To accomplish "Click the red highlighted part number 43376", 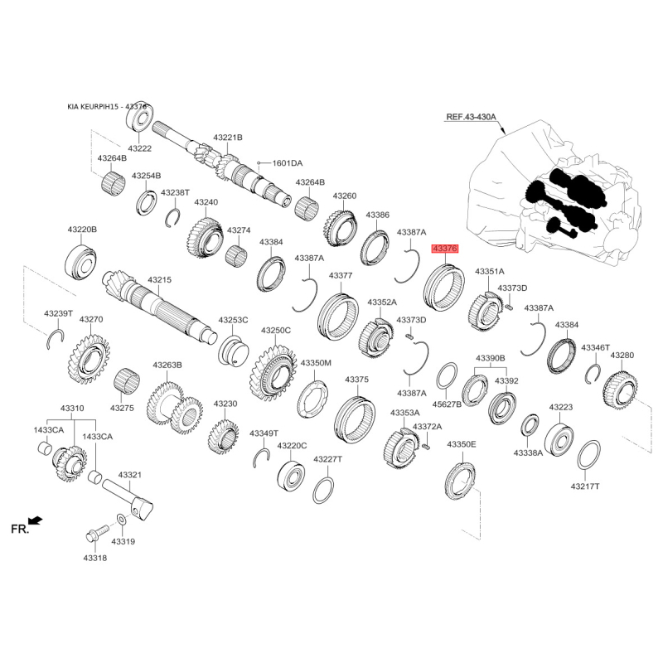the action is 444,249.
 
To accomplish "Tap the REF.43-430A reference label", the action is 472,116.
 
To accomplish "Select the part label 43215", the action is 159,280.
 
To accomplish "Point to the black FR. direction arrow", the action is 36,520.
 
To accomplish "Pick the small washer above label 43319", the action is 120,520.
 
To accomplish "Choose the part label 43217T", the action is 585,486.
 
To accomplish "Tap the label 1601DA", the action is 288,163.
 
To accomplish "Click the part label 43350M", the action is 316,363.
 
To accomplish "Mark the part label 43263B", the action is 167,365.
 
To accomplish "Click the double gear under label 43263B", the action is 175,409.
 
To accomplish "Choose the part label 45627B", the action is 447,404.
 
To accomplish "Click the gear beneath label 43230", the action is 223,436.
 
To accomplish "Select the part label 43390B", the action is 491,358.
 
